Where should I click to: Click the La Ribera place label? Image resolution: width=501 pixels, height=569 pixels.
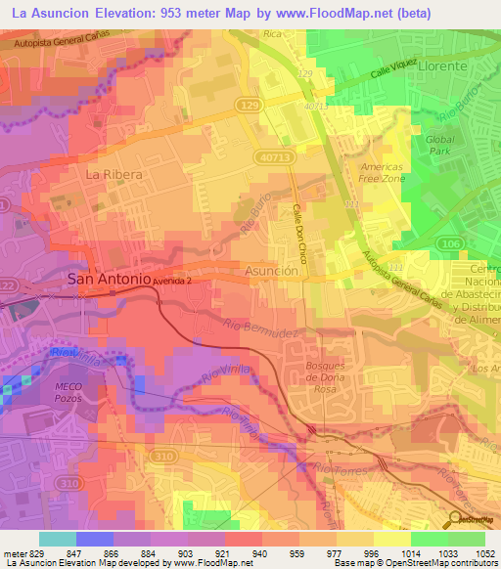click(114, 174)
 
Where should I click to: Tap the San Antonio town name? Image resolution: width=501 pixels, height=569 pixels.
click(108, 279)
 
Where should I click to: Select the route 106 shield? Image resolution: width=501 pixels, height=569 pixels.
click(475, 243)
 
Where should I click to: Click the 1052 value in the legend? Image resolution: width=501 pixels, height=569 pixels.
click(485, 552)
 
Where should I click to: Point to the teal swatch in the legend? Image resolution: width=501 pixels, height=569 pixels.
click(58, 538)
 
